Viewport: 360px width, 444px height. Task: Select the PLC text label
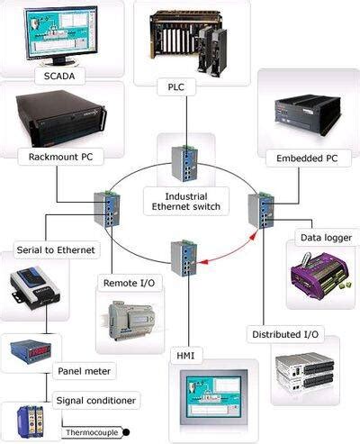(175, 87)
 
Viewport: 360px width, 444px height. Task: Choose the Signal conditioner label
(96, 399)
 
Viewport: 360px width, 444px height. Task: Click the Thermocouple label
(94, 432)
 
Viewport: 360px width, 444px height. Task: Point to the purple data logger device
(317, 275)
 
